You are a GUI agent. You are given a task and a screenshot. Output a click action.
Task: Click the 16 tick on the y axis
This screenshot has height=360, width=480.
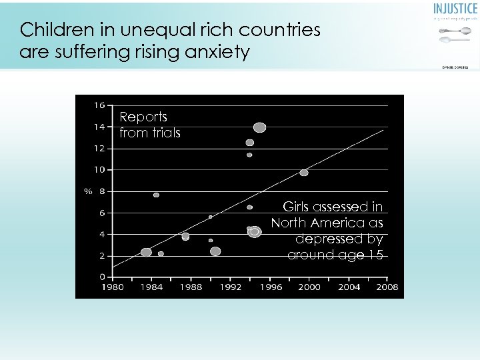[99, 105]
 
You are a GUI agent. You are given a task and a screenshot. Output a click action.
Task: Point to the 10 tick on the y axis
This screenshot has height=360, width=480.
[99, 170]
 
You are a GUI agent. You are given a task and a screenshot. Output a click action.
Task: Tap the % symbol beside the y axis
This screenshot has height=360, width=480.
[87, 192]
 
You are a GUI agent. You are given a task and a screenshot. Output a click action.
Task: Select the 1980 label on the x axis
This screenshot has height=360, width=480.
[112, 287]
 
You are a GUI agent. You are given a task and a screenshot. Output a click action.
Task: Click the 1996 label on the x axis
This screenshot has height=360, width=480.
[270, 287]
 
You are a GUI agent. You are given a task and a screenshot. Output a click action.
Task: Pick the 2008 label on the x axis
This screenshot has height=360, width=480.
[387, 287]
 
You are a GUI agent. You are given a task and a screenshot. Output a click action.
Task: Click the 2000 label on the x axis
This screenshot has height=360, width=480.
[309, 287]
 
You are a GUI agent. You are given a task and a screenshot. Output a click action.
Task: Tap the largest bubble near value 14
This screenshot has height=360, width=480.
[260, 127]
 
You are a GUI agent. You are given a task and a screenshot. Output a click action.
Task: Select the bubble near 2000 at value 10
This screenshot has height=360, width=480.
[304, 173]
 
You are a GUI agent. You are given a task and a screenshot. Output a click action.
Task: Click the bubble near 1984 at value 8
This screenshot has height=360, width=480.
[156, 195]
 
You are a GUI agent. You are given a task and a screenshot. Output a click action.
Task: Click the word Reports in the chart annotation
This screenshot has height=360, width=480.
[143, 117]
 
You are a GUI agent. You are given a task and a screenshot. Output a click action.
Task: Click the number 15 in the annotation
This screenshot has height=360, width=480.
[376, 255]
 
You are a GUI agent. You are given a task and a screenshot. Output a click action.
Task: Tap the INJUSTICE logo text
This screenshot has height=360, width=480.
[455, 9]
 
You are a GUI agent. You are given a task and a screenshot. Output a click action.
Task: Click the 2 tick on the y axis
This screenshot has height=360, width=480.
[101, 256]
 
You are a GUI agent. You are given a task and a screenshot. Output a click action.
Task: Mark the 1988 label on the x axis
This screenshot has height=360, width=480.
[191, 287]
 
